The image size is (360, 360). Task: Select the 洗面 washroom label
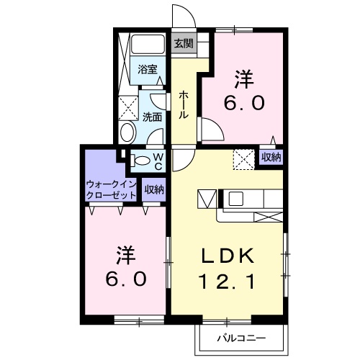[x=151, y=115]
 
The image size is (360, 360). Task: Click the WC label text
[x=158, y=160]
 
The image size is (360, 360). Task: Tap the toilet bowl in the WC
[x=143, y=161]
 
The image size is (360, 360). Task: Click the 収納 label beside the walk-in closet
[x=153, y=190]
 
